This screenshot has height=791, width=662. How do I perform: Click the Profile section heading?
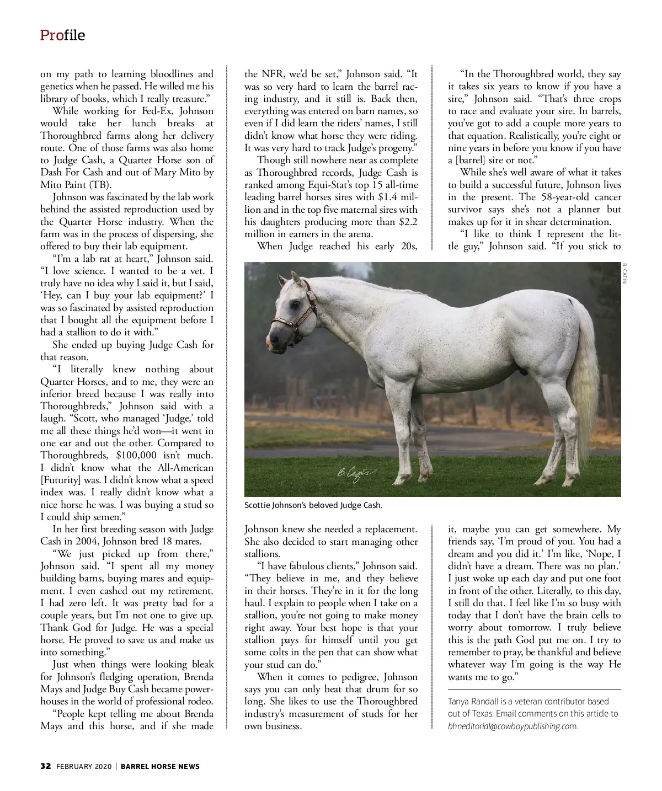[62, 35]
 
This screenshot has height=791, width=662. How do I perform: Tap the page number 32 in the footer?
[46, 766]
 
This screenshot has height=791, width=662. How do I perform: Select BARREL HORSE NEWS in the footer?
[160, 766]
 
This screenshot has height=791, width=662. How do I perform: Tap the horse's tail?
[588, 364]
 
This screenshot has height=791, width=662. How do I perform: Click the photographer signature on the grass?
[356, 473]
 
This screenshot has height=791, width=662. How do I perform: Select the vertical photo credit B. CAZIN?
[625, 274]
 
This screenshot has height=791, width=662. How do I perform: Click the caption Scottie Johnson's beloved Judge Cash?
[313, 505]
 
